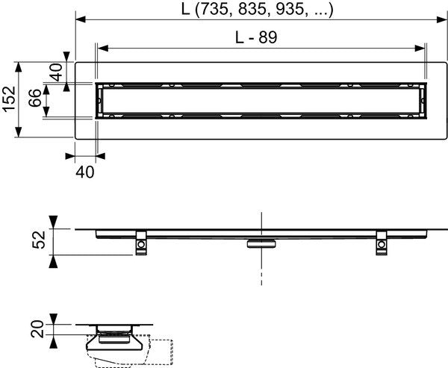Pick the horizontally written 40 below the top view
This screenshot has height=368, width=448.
tap(85, 172)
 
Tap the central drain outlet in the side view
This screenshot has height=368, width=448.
tap(261, 243)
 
